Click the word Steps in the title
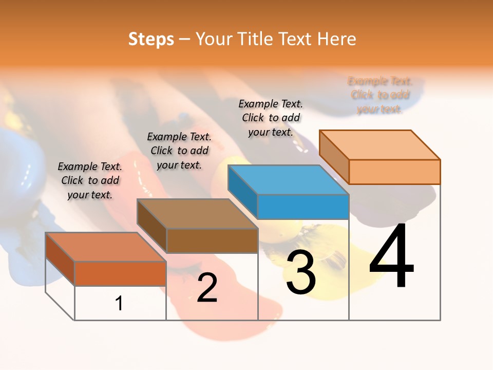[x=151, y=39]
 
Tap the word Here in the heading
[x=336, y=39]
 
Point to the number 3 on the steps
[x=301, y=272]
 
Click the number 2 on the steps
[x=207, y=288]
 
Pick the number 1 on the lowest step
[x=119, y=303]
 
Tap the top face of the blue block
[x=288, y=179]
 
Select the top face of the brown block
[x=197, y=213]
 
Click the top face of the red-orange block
[x=106, y=247]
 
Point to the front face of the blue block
[x=303, y=207]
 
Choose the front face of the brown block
[x=212, y=240]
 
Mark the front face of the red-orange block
[x=120, y=273]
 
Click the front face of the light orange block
[x=394, y=172]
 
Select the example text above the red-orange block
[x=90, y=180]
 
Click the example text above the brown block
[x=179, y=151]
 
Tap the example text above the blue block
[x=271, y=118]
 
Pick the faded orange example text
[x=380, y=95]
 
